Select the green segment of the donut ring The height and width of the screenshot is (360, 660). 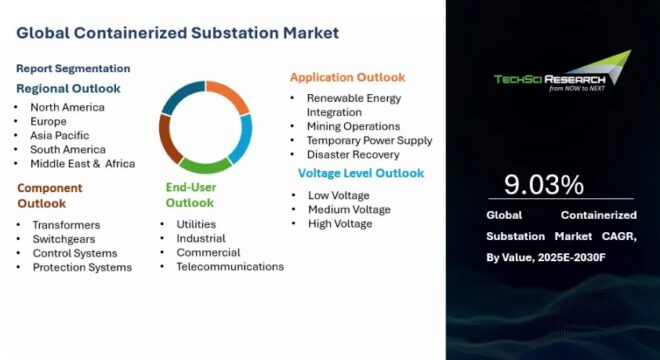click(204, 165)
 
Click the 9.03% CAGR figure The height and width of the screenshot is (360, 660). click(543, 185)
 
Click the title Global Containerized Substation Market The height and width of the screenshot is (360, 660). click(177, 33)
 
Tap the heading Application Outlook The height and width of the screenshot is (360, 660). click(347, 77)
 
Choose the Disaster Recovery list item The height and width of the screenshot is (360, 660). click(352, 155)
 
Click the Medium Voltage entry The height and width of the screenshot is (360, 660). click(349, 209)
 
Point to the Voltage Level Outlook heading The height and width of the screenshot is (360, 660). click(360, 173)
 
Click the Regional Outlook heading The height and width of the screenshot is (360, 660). click(68, 88)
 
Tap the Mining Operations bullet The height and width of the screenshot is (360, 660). click(353, 127)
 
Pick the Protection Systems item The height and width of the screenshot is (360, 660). click(82, 267)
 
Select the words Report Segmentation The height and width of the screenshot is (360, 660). click(73, 68)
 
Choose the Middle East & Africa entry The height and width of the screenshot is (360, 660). click(82, 163)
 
